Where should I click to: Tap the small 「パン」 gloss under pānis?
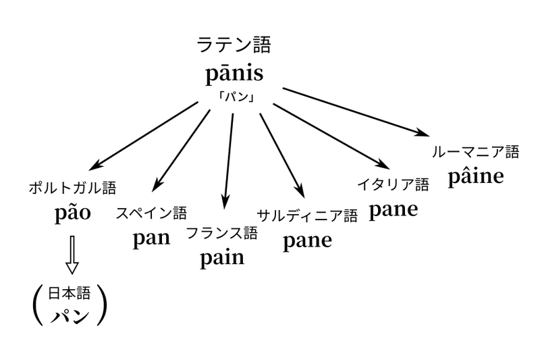(236, 97)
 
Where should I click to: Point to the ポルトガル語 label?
(72, 188)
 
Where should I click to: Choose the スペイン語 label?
(151, 213)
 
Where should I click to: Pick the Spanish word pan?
(151, 238)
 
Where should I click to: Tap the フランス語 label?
(221, 233)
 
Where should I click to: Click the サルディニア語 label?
(307, 215)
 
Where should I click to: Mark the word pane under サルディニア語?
(307, 240)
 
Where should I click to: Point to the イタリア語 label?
(393, 184)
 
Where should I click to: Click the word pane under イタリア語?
(393, 209)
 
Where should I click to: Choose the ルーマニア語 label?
(475, 152)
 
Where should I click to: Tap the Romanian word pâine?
(475, 176)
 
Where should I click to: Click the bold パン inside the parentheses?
(69, 315)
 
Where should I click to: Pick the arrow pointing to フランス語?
(228, 159)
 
